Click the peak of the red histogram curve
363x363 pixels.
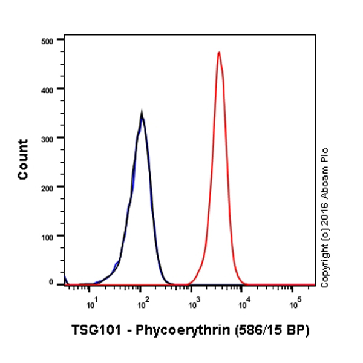click(x=218, y=53)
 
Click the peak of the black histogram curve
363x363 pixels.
click(x=142, y=113)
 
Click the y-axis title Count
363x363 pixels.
click(x=23, y=159)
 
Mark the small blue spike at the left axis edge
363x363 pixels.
click(x=65, y=278)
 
